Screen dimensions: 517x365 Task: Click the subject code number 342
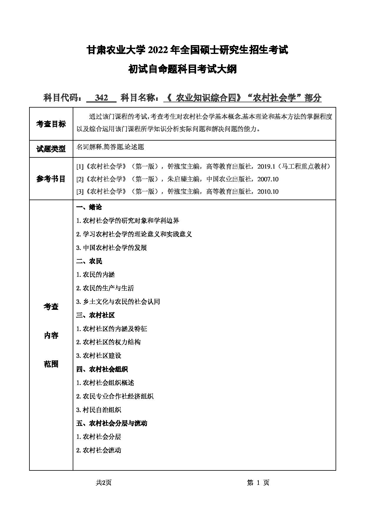102,98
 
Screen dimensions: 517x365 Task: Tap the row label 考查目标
51,124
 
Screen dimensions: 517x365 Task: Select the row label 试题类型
51,149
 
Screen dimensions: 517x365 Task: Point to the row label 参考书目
51,179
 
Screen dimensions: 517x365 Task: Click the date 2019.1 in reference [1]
266,167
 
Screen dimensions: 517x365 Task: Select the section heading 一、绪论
89,207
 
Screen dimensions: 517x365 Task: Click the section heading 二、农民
89,261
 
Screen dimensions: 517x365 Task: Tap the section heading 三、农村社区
95,315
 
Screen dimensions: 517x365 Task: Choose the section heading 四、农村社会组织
102,369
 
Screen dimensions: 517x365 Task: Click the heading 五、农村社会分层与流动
112,423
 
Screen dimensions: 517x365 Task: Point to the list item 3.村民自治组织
99,410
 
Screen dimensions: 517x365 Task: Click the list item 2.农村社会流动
99,450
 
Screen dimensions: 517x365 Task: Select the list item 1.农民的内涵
95,274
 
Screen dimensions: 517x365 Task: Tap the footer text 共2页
104,483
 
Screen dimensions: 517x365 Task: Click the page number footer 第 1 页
258,483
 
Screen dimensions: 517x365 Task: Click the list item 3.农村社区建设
99,355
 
